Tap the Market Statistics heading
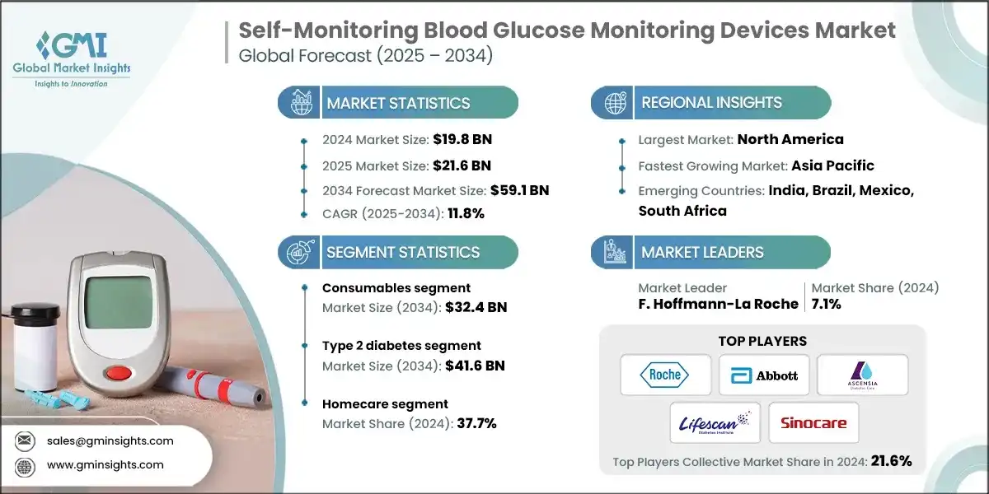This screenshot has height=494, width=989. coord(398,103)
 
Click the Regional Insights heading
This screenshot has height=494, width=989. coord(711,103)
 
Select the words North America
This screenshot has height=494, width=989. coord(790,139)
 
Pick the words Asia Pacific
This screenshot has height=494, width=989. coord(832,165)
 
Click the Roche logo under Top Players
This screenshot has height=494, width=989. coord(665,375)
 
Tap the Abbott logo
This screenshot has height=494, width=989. coord(763,375)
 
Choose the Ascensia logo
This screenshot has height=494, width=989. coord(862,375)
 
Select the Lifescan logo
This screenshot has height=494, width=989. coord(715,423)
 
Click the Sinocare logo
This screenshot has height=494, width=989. coord(813,423)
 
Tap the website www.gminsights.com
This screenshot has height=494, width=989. coord(105,464)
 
